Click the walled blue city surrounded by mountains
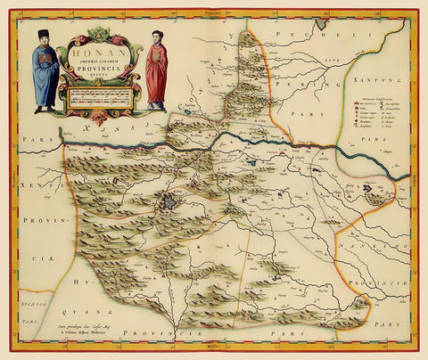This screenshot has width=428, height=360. click(x=169, y=203)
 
